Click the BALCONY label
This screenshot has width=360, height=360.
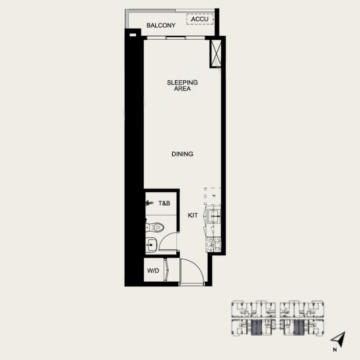pyautogui.click(x=161, y=25)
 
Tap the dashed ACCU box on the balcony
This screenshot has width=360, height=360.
pyautogui.click(x=200, y=20)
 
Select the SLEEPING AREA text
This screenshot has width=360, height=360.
pyautogui.click(x=182, y=85)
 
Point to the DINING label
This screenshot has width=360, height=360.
pyautogui.click(x=182, y=154)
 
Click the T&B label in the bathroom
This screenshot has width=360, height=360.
pyautogui.click(x=164, y=203)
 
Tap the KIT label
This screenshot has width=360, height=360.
pyautogui.click(x=193, y=216)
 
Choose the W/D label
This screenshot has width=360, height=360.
pyautogui.click(x=153, y=271)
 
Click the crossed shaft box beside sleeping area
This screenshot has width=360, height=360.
pyautogui.click(x=216, y=53)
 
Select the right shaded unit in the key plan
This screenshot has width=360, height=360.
pyautogui.click(x=299, y=328)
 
